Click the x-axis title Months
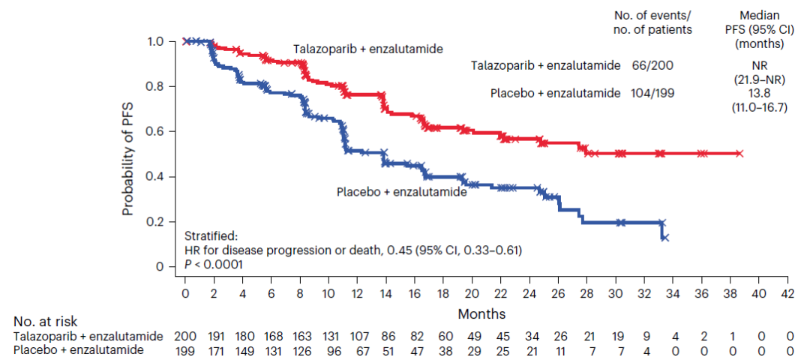(482, 313)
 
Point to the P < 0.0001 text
(214, 264)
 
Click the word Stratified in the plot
(211, 236)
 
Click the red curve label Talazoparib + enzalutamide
(367, 49)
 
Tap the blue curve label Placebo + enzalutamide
(402, 192)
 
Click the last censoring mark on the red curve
(739, 153)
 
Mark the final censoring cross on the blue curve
(665, 237)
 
